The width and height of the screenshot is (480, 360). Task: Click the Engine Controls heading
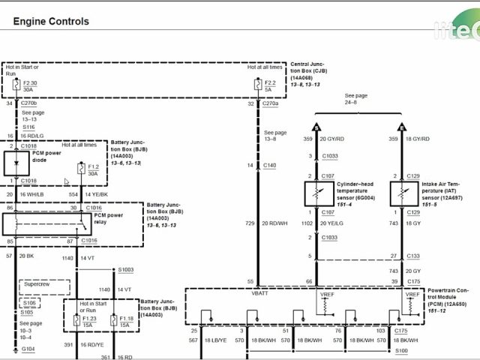51,22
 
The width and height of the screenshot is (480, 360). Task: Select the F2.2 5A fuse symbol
260,85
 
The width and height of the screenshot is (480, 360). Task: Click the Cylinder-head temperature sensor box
317,193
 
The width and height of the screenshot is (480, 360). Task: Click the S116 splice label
28,127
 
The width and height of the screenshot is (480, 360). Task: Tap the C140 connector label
270,165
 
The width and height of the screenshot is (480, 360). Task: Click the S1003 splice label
125,269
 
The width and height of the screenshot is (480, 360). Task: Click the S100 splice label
401,350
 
